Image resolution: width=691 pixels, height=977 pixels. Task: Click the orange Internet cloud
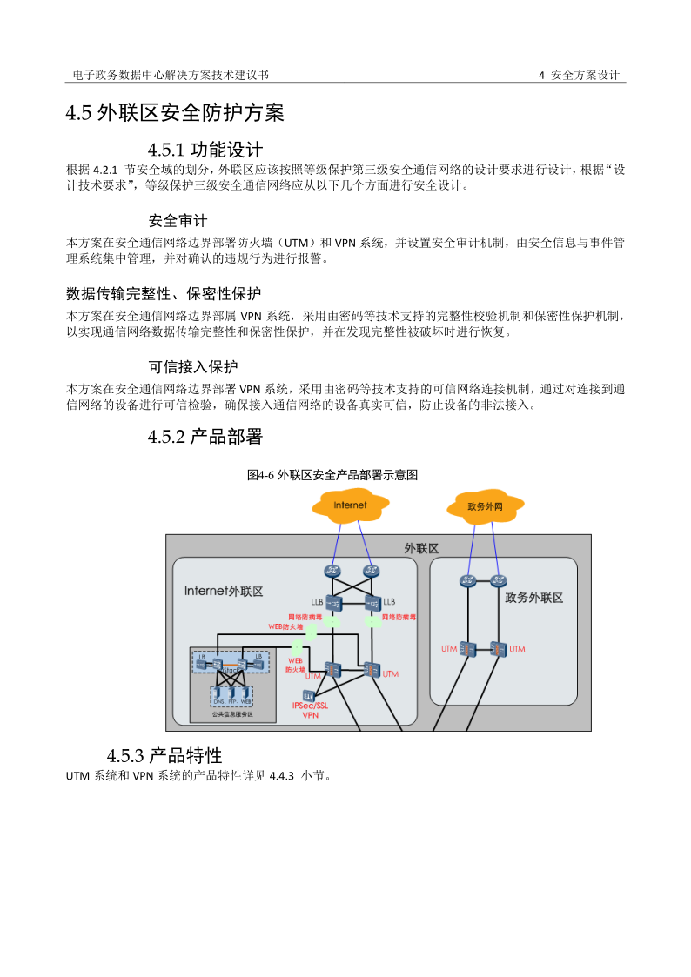tap(351, 505)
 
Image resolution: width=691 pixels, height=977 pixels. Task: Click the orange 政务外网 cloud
tap(485, 506)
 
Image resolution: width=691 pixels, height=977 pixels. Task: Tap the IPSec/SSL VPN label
tap(310, 711)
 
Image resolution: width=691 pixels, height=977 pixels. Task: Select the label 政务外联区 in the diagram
tap(533, 598)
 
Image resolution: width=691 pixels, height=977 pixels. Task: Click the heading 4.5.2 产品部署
tap(205, 437)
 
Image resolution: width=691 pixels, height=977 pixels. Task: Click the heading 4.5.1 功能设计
tap(205, 149)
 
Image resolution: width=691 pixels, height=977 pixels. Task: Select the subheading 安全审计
tap(178, 220)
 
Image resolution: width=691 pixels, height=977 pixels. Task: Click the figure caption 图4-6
tap(332, 475)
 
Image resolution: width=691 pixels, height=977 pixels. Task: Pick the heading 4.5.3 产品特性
tap(164, 753)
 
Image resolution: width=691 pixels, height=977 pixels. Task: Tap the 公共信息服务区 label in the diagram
tap(231, 714)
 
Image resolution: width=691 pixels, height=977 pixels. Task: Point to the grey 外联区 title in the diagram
tap(421, 548)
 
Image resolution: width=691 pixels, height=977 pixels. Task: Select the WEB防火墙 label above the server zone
tap(285, 626)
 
